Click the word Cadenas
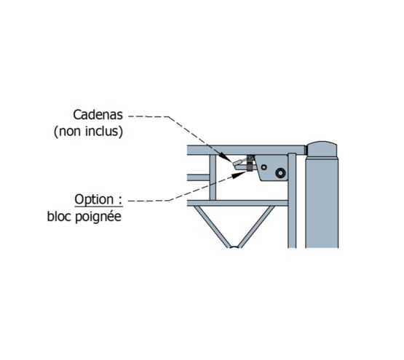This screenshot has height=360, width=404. (98, 115)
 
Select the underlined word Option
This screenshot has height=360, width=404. (94, 199)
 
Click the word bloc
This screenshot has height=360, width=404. (60, 216)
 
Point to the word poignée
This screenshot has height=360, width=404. (98, 217)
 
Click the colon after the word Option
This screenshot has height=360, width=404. (120, 201)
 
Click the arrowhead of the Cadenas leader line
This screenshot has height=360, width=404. (226, 157)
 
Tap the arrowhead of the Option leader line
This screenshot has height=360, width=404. (239, 175)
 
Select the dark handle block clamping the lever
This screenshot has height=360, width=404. (250, 163)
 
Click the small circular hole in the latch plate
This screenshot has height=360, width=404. (264, 167)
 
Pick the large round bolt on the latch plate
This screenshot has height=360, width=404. (280, 173)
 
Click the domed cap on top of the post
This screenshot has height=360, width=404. (322, 149)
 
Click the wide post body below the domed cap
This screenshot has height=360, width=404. (322, 203)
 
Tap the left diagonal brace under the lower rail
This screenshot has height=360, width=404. (211, 227)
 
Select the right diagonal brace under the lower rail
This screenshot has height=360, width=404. (256, 227)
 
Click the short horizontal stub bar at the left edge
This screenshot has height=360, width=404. (198, 177)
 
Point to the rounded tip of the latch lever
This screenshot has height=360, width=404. (236, 167)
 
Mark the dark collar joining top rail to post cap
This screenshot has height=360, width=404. (305, 150)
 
